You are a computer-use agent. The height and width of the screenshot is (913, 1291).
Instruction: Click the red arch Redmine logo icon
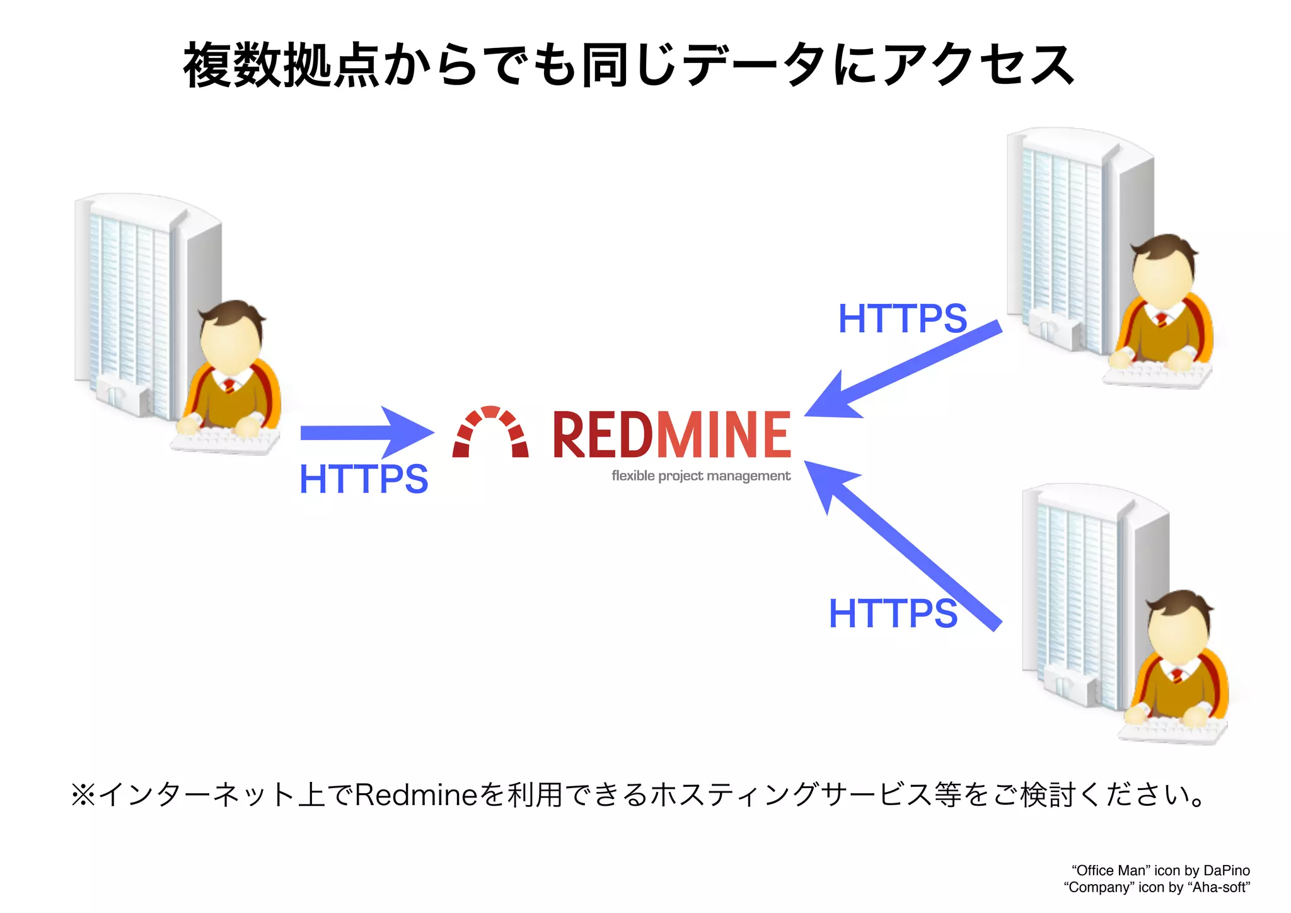coord(490,432)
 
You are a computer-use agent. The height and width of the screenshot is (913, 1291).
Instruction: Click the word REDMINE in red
coord(671,434)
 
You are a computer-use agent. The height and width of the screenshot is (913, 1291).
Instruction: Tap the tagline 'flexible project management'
coord(700,476)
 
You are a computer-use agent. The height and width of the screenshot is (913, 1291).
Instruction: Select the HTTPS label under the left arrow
coord(364,479)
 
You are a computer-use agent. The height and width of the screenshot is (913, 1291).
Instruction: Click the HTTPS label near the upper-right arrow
coord(902,318)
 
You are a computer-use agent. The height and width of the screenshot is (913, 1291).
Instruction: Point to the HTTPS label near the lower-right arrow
coord(893,614)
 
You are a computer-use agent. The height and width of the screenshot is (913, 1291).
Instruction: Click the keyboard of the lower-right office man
coord(1172,731)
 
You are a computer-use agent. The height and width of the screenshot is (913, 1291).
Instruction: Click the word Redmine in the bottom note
coord(417,795)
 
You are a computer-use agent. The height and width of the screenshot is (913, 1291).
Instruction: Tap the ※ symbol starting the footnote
coord(83,795)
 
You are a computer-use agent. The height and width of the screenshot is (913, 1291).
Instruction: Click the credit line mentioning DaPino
coord(1161,871)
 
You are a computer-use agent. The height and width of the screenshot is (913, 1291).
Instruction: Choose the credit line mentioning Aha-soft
coord(1157,888)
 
